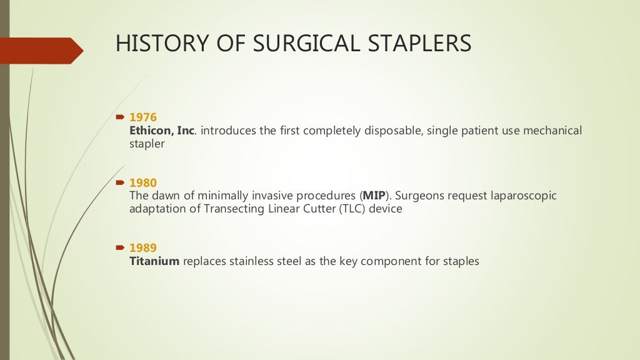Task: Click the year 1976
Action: (142, 117)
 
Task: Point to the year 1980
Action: (142, 183)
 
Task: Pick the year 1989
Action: (142, 248)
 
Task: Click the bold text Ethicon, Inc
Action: (162, 130)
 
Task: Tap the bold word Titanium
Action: (154, 261)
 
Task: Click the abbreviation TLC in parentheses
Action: (351, 209)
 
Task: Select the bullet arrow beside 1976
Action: (121, 117)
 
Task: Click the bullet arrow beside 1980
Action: (121, 183)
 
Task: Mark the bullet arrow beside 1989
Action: (121, 248)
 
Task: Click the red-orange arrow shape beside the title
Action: (44, 51)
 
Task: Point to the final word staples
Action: (461, 261)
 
